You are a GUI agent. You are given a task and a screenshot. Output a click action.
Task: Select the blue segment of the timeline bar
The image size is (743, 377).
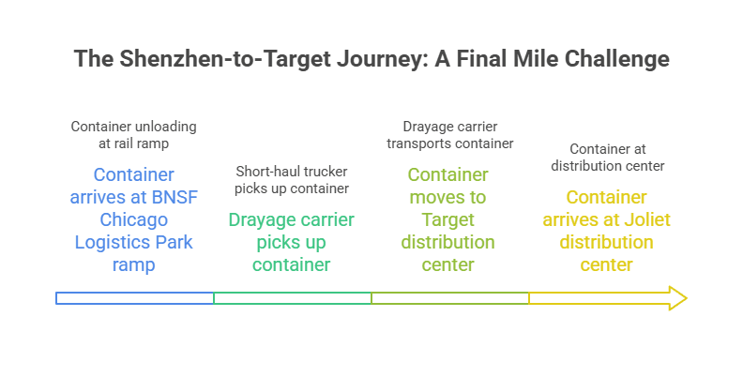click(134, 298)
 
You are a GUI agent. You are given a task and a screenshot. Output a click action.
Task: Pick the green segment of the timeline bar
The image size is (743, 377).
click(292, 298)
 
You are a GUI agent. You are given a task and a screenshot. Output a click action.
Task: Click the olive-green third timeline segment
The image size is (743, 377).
click(449, 298)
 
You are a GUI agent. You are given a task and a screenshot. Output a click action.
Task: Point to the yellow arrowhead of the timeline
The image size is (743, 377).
click(676, 298)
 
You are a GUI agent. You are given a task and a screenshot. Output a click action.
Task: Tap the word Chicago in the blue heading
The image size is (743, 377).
click(134, 219)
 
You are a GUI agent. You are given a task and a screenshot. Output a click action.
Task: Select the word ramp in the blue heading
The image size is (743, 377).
click(134, 264)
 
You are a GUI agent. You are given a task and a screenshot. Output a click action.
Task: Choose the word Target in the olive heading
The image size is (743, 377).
click(448, 219)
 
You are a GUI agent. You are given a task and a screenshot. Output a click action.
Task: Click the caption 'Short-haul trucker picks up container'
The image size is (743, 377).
click(292, 181)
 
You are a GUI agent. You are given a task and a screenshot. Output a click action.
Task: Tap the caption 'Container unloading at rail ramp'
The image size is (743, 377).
click(134, 134)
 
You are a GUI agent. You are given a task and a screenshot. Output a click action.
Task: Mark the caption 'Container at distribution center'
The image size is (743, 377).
click(607, 158)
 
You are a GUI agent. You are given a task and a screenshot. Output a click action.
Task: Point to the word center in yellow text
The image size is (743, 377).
click(606, 264)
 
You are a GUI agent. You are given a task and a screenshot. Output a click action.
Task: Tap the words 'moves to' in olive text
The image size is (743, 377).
click(448, 197)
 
